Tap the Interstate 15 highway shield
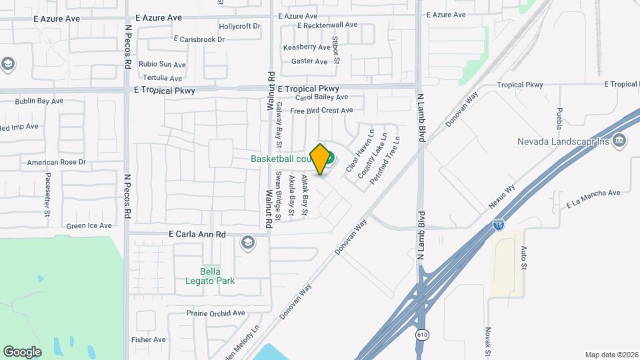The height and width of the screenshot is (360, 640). point(499,227)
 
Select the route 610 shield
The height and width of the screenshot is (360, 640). point(421,334)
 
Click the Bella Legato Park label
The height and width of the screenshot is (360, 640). point(210,276)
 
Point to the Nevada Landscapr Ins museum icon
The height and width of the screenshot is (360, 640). point(619,140)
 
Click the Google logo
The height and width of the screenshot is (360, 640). point(22,351)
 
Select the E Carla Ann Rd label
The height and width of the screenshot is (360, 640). point(197,235)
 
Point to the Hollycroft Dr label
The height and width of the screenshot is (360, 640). point(239,27)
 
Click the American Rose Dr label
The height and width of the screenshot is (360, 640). point(57,162)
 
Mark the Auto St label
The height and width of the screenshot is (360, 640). point(523,257)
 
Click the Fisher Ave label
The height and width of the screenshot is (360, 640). point(149,339)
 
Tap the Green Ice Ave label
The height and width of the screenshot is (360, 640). point(89,226)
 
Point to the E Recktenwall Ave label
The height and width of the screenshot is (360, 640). point(327,25)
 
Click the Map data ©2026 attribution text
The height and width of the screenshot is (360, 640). point(611,355)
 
